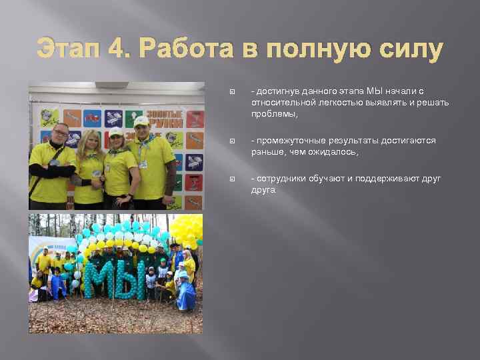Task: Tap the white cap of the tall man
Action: (x=141, y=121)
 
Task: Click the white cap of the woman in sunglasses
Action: (x=116, y=132)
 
